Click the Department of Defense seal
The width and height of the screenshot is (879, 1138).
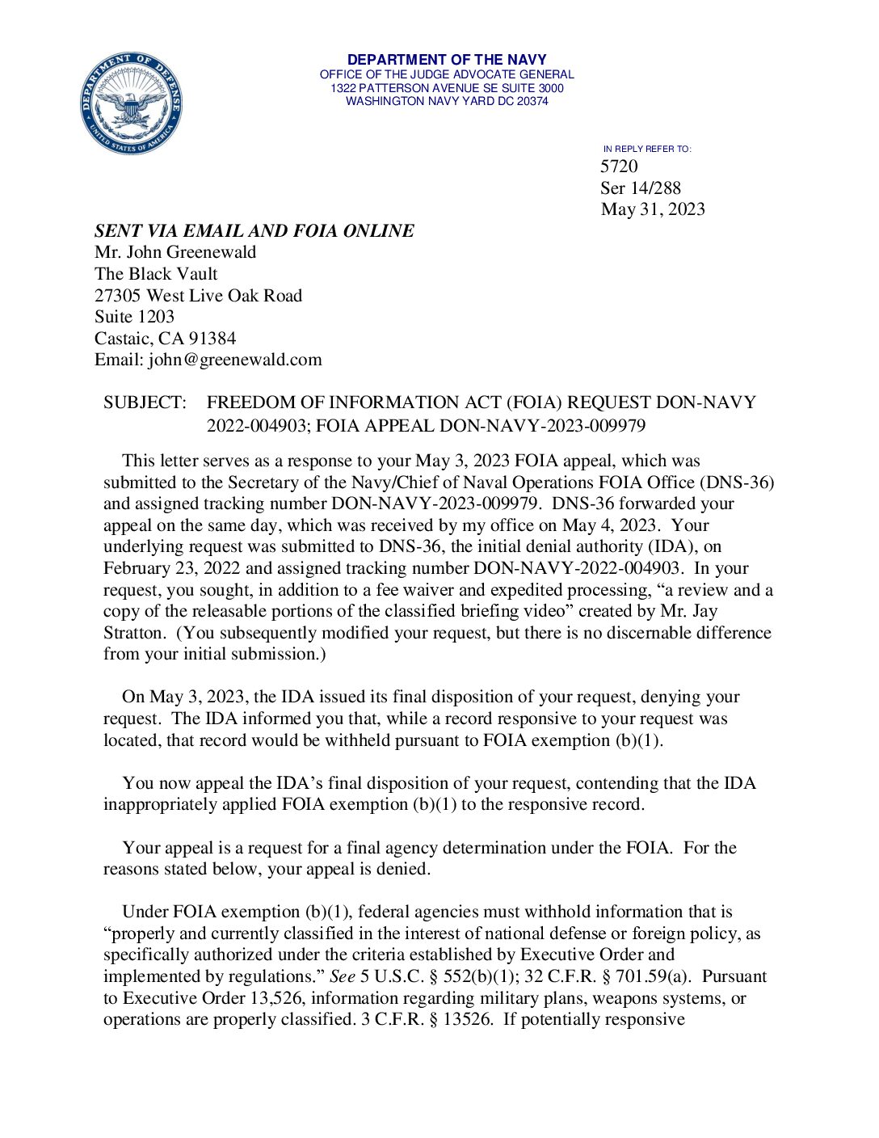131,103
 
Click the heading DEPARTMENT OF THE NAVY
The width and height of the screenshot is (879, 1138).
447,60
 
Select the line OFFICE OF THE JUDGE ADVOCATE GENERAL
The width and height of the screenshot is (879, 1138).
447,74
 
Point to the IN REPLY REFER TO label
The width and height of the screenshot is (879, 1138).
647,149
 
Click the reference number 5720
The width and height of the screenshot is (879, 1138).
619,166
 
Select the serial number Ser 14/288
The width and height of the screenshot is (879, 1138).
641,188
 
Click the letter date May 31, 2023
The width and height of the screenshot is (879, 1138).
653,209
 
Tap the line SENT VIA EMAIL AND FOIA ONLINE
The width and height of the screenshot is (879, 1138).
254,231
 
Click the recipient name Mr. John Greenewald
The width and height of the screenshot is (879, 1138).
175,252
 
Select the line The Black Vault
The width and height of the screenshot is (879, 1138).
156,274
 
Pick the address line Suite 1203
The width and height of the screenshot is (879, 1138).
134,317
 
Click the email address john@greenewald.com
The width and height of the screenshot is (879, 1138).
235,360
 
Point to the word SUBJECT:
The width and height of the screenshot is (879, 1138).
145,403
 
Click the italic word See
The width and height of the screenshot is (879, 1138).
343,976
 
